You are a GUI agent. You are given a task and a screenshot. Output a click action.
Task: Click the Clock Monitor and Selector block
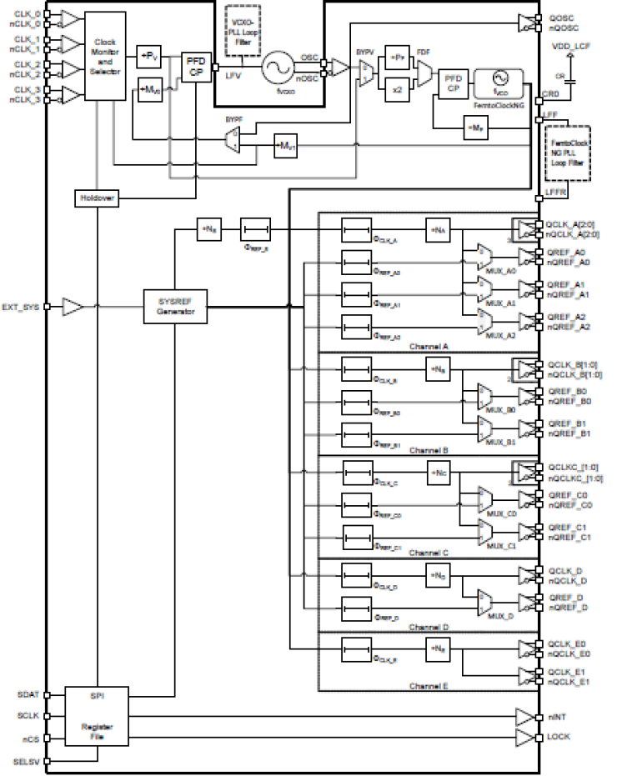[106, 56]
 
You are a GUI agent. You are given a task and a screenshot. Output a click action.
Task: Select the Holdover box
[97, 198]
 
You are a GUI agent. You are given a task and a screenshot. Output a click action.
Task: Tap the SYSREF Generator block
[174, 307]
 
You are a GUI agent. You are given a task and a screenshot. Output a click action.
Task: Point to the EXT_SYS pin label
[21, 307]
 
